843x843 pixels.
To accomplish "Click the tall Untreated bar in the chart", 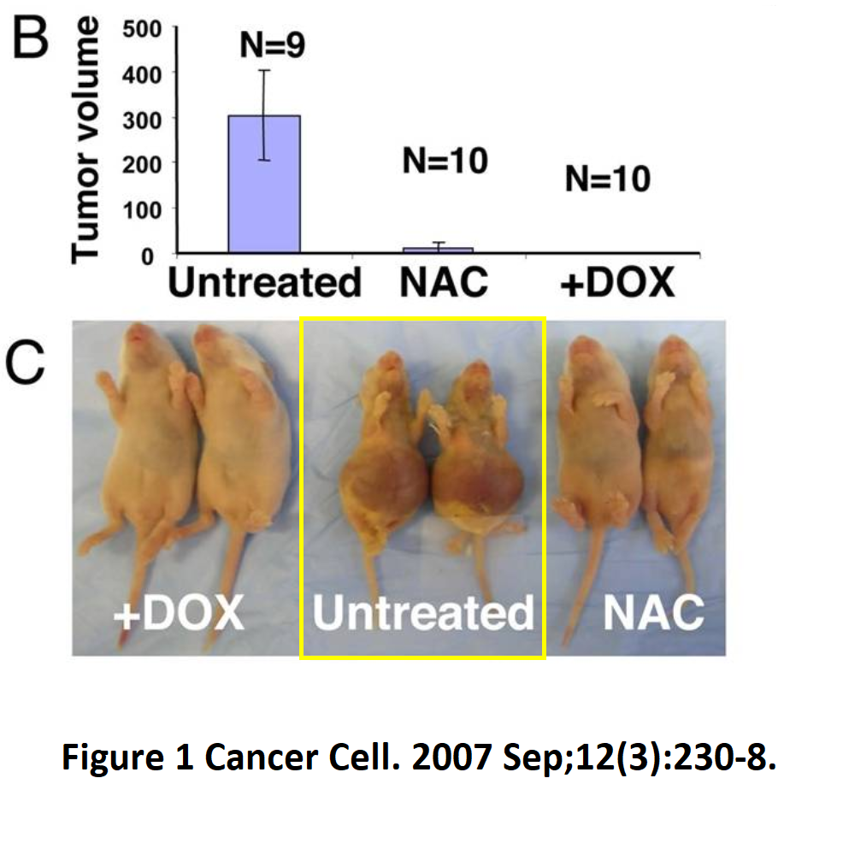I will pyautogui.click(x=263, y=184).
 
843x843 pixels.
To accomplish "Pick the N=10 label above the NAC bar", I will pyautogui.click(x=445, y=161).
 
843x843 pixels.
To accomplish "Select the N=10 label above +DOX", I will pyautogui.click(x=607, y=180).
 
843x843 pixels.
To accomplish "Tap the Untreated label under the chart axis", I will pyautogui.click(x=264, y=282).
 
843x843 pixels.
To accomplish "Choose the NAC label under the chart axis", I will pyautogui.click(x=444, y=282).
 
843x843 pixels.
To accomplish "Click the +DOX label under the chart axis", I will pyautogui.click(x=616, y=282).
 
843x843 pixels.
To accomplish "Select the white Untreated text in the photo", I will pyautogui.click(x=422, y=613).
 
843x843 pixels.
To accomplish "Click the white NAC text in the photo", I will pyautogui.click(x=653, y=613).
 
